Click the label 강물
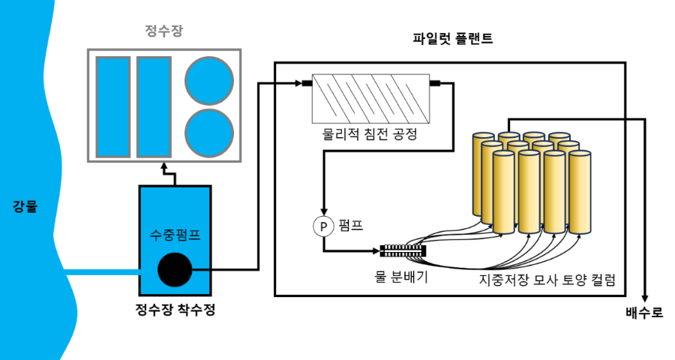point(25,206)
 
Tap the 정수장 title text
point(164,31)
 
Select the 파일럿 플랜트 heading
point(452,39)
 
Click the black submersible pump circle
point(175,269)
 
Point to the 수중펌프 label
point(175,235)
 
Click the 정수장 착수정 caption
point(175,309)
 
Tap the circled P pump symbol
point(324,226)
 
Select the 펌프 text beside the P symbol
point(351,225)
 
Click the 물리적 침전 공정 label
point(370,134)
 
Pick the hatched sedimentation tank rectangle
point(370,98)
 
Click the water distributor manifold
point(403,250)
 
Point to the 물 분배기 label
point(401,277)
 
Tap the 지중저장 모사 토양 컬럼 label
point(547,280)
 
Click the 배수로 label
point(644,313)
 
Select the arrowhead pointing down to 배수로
point(644,298)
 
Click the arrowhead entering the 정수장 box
point(164,166)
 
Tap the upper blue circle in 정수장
point(209,80)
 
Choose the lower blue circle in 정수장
point(209,133)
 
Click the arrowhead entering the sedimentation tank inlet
point(298,83)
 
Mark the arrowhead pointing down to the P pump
point(324,211)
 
